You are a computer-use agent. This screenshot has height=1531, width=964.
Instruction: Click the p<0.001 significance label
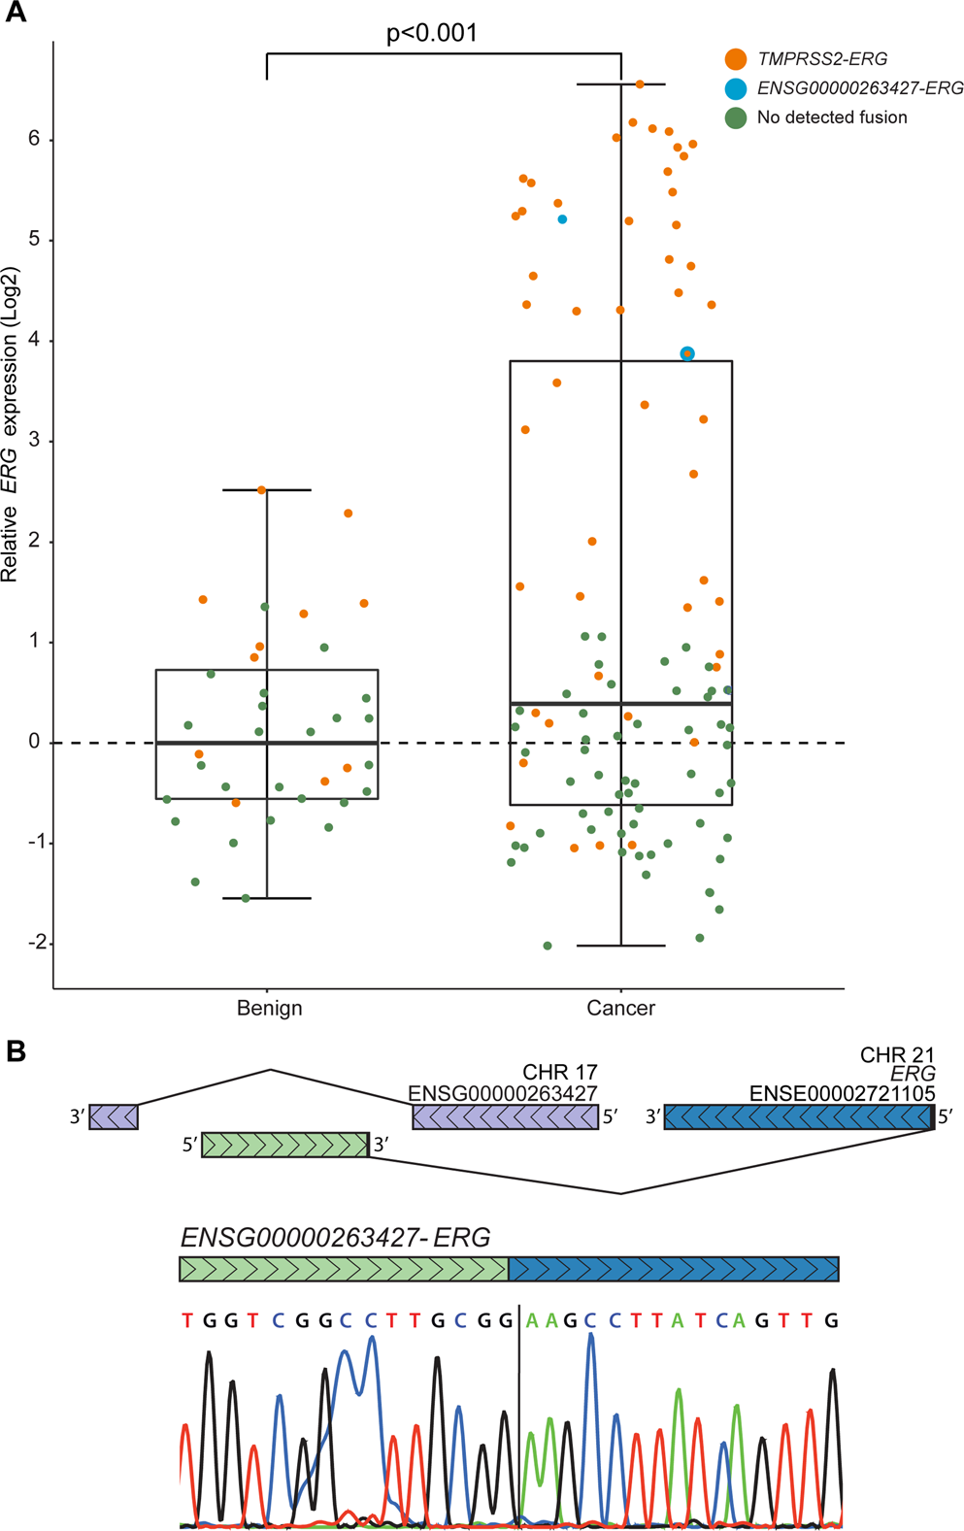coord(432,33)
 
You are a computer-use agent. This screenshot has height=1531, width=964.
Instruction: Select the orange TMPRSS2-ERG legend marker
coord(736,59)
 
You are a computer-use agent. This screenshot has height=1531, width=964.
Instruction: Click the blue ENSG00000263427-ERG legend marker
coord(736,88)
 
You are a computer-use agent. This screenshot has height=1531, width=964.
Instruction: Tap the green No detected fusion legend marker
coord(736,117)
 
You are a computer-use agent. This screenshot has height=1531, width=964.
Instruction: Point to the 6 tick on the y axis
coord(35,139)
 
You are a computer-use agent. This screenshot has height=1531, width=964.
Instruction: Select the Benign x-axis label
coord(269,1008)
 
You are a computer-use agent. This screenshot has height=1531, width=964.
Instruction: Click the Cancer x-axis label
coord(620,1008)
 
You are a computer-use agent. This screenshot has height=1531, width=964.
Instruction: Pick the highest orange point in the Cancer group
coord(640,84)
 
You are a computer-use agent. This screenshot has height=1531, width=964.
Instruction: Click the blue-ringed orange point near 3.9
coord(687,353)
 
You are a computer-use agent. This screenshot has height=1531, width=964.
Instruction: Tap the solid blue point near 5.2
coord(562,219)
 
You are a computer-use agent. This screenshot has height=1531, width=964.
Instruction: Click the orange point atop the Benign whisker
coord(262,490)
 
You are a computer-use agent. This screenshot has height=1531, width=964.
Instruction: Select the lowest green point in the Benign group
coord(246,898)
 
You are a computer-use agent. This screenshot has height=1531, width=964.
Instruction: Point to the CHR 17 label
coord(559,1073)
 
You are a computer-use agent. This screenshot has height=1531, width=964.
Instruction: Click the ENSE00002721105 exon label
coord(842,1094)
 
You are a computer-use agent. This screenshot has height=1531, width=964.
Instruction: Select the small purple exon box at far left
coord(114,1117)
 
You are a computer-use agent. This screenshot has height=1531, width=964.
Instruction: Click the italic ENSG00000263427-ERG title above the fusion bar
coord(335,1238)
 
